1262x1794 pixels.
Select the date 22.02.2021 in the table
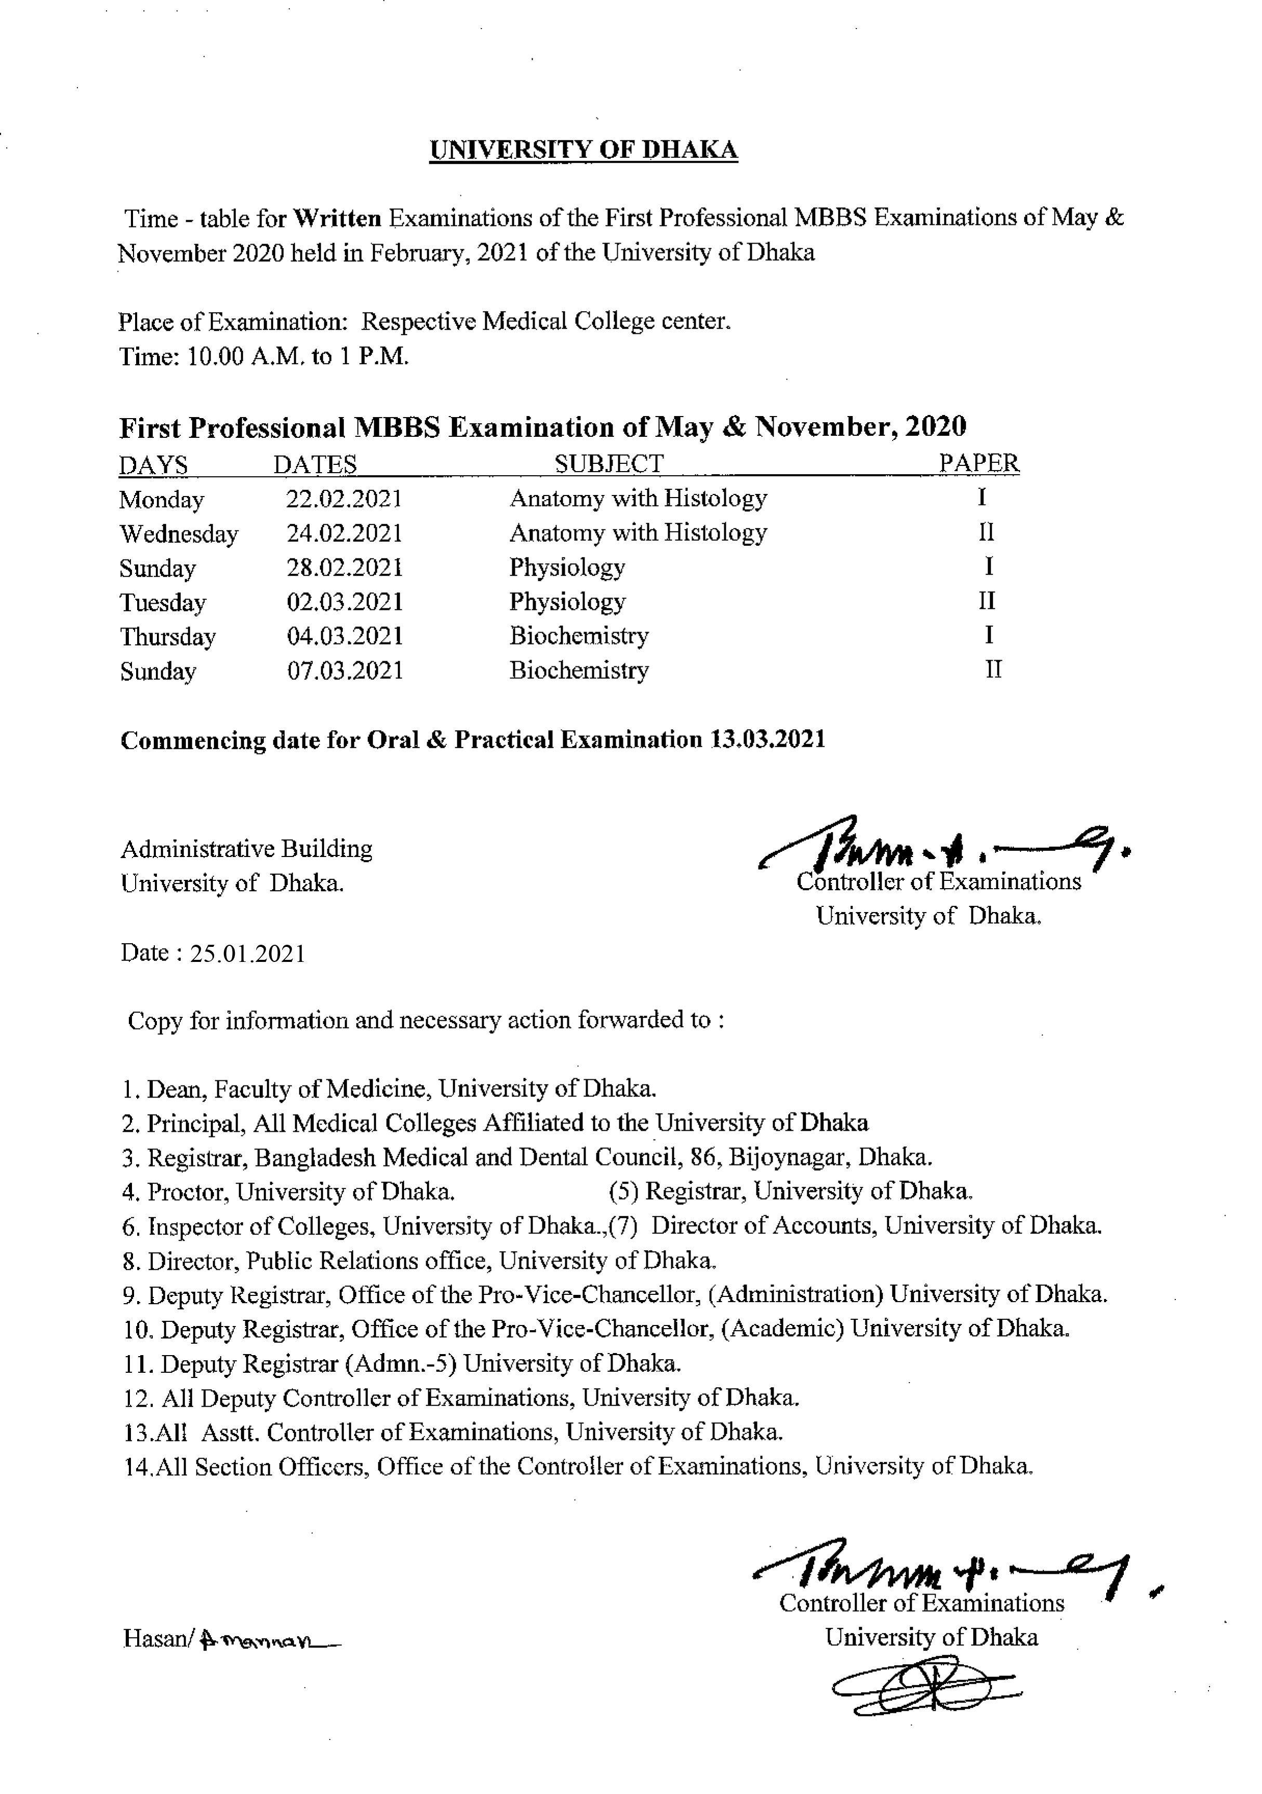pos(344,499)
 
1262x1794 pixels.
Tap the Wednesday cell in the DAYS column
pos(178,533)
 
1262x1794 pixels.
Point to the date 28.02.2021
pos(344,567)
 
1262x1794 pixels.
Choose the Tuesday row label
pos(163,603)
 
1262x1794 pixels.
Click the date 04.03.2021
pos(344,636)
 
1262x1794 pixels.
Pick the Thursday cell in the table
pos(167,637)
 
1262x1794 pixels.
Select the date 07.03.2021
pos(344,671)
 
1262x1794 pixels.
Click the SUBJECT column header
pos(609,464)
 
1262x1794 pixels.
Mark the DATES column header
pos(314,465)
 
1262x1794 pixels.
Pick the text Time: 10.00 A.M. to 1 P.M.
pos(264,356)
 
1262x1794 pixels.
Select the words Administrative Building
pos(246,849)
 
